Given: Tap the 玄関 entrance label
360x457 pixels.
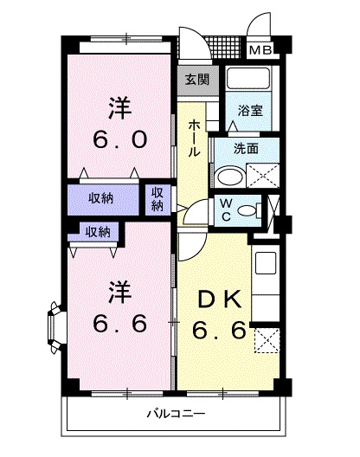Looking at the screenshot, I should (197, 80).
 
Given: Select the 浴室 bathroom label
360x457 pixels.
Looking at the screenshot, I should (252, 111).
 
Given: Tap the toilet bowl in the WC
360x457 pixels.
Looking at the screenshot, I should (247, 209).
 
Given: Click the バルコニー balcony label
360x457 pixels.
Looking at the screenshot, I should (174, 415).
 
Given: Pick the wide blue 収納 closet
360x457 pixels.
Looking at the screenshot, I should (106, 199).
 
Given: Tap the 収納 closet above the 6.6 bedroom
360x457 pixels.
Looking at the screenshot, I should (97, 231).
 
